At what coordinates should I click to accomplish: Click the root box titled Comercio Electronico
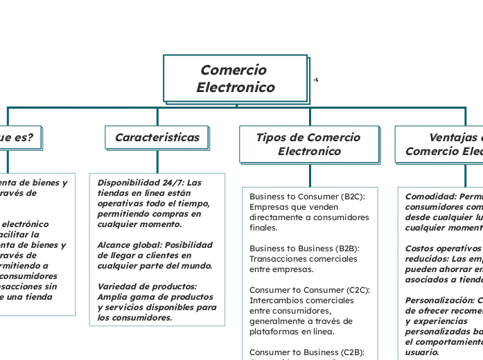pos(236,78)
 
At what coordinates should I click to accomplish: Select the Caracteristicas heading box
pos(157,137)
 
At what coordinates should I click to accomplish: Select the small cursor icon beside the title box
pos(315,80)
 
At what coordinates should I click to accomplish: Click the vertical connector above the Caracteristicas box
pos(157,116)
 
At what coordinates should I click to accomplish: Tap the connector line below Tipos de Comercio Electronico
pos(310,174)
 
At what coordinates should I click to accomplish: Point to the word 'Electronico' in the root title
pos(236,88)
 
